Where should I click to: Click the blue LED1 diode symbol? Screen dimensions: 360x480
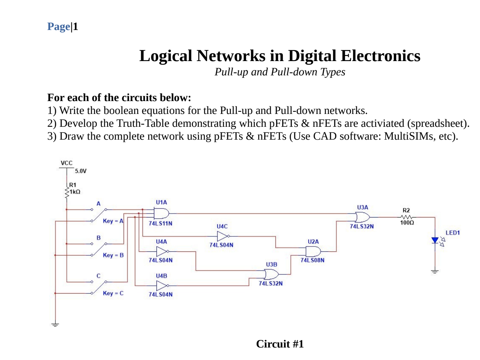[435, 240]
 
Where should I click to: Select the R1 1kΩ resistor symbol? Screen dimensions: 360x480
[67, 192]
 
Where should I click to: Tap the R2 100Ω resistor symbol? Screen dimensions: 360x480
[406, 217]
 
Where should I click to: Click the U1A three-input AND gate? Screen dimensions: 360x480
[161, 214]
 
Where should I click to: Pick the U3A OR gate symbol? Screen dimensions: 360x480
[362, 217]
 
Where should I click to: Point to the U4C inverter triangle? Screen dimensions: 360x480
[222, 236]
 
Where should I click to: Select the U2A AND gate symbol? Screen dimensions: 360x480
[313, 251]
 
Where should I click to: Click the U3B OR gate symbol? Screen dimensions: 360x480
[271, 274]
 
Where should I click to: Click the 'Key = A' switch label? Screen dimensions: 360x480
[113, 221]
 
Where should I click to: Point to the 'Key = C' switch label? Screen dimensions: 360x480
[113, 293]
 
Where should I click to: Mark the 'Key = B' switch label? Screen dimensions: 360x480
[113, 255]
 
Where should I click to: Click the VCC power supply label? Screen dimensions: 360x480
[66, 163]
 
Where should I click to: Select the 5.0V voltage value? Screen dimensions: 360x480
[81, 171]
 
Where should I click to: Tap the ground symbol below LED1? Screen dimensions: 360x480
[435, 272]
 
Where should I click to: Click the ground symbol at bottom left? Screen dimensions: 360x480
[55, 325]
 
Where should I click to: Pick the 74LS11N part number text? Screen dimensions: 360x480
[160, 224]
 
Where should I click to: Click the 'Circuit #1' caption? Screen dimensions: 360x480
[280, 344]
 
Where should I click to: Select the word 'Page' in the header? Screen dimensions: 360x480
[59, 27]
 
